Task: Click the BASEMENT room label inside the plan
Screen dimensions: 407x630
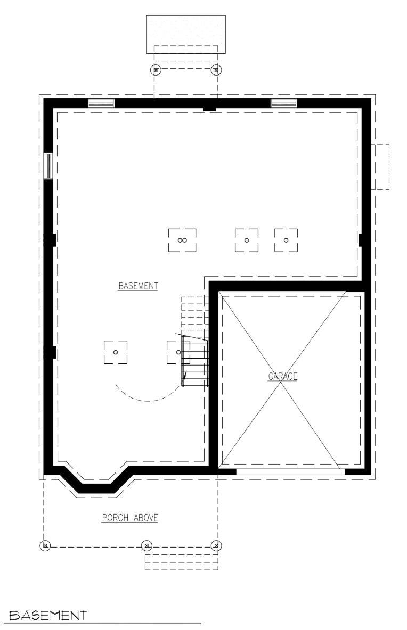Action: click(138, 286)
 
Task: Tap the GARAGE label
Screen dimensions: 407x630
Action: click(283, 376)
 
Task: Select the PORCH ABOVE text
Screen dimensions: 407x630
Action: click(130, 518)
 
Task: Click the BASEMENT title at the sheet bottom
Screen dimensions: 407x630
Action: click(48, 615)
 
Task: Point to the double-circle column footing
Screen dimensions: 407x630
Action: click(182, 241)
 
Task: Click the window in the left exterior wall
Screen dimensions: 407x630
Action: click(48, 165)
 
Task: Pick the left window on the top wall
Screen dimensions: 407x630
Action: click(101, 103)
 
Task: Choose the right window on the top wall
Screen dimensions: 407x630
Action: click(283, 103)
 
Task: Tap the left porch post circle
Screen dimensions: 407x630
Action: click(45, 545)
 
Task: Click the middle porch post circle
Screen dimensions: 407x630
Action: click(147, 545)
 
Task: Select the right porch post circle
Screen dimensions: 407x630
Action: click(216, 545)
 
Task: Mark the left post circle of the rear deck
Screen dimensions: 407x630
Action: click(156, 70)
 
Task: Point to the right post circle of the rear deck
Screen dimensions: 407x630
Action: click(216, 70)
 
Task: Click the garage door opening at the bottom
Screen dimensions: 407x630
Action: click(290, 471)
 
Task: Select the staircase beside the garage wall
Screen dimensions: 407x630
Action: click(195, 342)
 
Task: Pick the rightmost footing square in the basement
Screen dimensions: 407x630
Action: click(286, 241)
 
